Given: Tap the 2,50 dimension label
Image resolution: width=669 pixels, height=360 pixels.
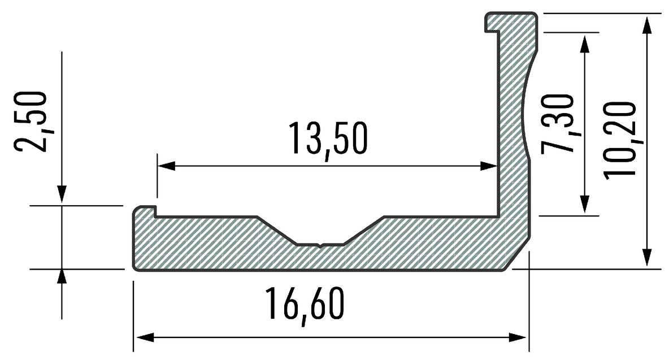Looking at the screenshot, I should coord(31,121).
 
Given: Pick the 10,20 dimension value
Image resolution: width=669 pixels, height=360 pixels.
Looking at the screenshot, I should coord(620,140).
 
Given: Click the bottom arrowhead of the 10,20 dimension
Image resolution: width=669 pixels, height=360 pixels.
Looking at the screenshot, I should coord(648,258).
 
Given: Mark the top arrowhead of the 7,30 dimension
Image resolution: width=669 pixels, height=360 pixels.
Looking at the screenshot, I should coord(585,41).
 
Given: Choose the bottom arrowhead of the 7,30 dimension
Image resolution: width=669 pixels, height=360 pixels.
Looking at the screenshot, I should coord(585,205).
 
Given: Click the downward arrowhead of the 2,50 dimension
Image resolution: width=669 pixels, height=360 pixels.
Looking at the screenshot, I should coord(62,195).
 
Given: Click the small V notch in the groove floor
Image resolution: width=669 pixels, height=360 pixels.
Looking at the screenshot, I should coord(320,245).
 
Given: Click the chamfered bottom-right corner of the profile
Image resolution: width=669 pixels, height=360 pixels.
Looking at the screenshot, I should coord(518,254).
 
